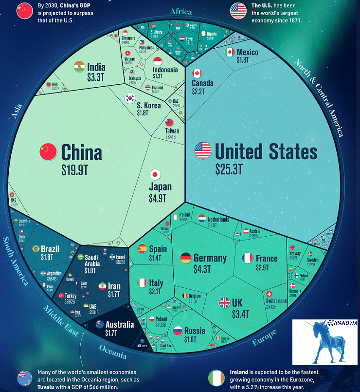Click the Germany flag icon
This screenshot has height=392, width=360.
185,258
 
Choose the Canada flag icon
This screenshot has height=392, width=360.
197,74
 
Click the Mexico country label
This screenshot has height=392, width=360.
248,52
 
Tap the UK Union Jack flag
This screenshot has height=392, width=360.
224,302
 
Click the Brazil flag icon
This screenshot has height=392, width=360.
36,249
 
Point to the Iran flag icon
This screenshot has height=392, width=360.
103,286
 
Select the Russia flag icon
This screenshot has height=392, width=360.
178,331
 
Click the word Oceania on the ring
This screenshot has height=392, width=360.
113,348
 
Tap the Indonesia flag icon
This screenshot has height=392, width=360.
158,61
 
